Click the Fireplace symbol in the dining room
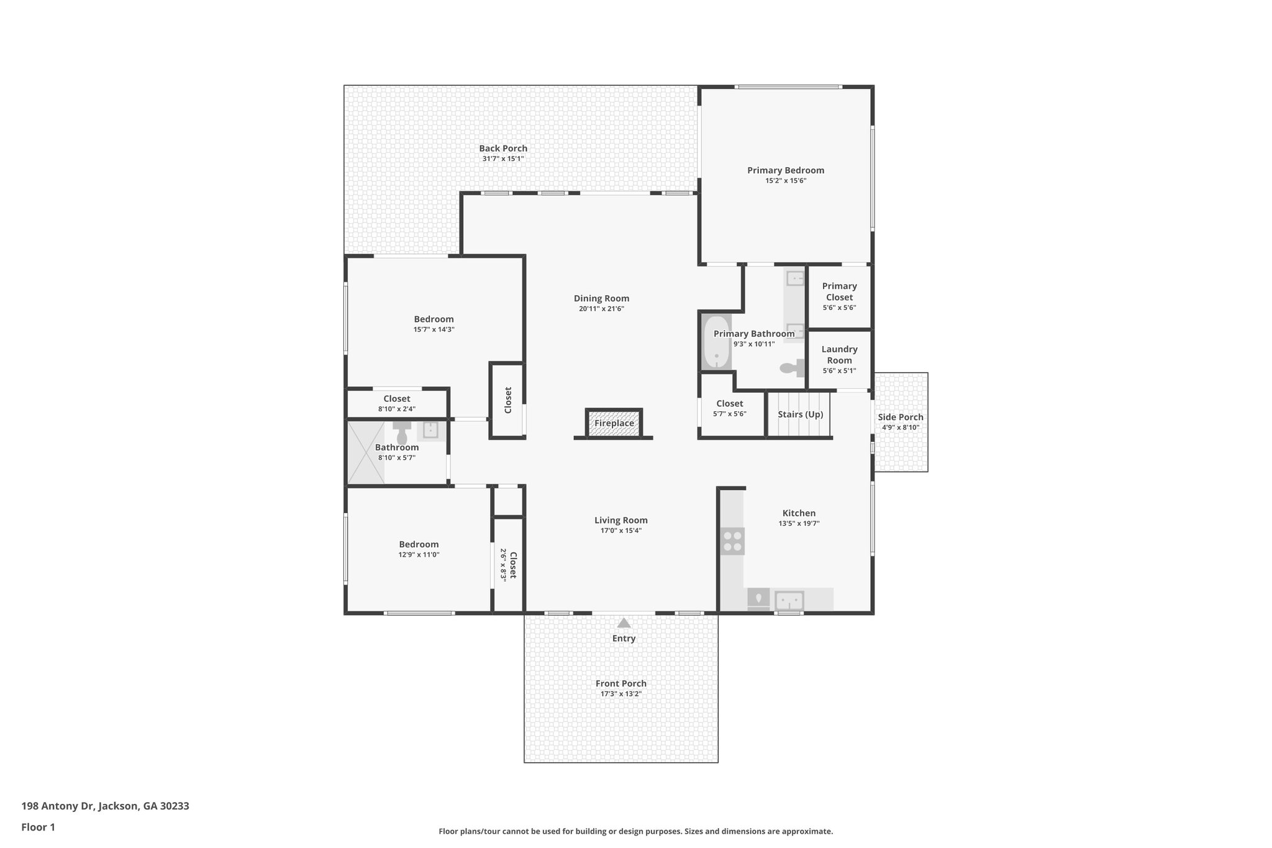click(x=614, y=423)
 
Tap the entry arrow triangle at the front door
click(x=624, y=622)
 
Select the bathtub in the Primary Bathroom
click(x=717, y=342)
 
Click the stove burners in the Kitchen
click(x=732, y=540)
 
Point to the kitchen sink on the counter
click(x=789, y=601)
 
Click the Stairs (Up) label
click(x=800, y=414)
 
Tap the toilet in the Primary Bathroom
click(x=790, y=368)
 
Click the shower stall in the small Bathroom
click(x=365, y=452)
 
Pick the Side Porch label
click(x=900, y=417)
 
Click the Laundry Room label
click(x=839, y=355)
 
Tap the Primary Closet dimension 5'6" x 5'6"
click(x=839, y=308)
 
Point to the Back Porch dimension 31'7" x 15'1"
click(x=502, y=159)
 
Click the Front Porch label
click(x=620, y=683)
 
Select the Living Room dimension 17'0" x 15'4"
click(x=620, y=531)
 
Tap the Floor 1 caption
click(x=38, y=827)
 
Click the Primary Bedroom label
click(x=785, y=170)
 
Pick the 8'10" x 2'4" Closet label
click(x=396, y=399)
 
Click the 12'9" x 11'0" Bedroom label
click(x=419, y=544)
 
